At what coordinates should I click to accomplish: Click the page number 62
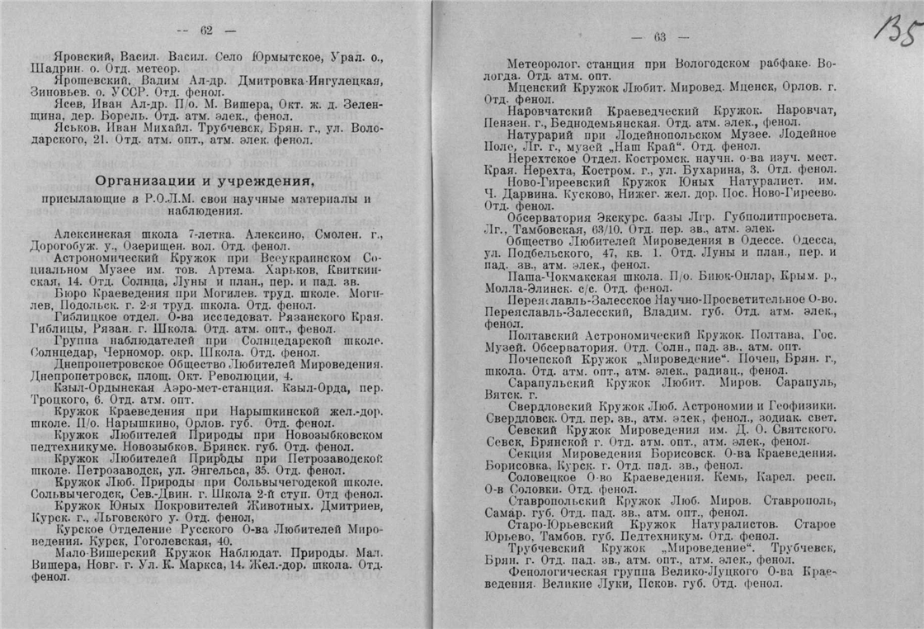point(206,31)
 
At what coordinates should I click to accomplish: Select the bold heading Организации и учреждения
point(205,181)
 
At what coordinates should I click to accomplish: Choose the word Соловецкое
point(544,475)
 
